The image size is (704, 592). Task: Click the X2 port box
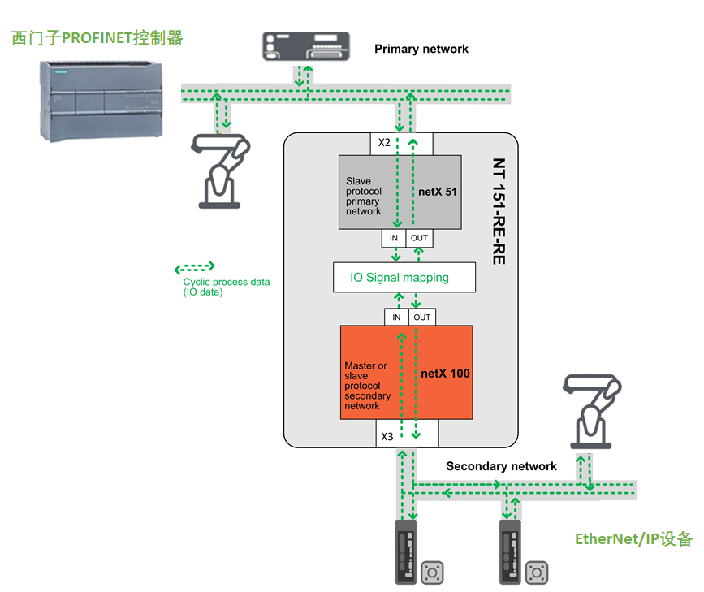(384, 144)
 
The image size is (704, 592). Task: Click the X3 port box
(387, 436)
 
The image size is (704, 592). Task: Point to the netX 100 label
(446, 374)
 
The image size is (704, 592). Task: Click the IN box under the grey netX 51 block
(394, 238)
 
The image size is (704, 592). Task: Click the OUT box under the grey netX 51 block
(419, 238)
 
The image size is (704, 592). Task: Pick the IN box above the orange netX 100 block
(396, 317)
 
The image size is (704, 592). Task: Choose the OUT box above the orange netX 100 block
(422, 317)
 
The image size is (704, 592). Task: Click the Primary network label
(421, 49)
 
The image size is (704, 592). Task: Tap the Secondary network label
(501, 466)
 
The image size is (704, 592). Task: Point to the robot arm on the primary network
(218, 171)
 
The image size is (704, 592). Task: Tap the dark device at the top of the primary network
(306, 46)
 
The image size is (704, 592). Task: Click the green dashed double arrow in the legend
(195, 267)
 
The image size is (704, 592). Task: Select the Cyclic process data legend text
(226, 287)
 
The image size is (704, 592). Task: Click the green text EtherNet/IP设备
(633, 538)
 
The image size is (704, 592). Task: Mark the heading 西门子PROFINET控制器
(97, 37)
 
